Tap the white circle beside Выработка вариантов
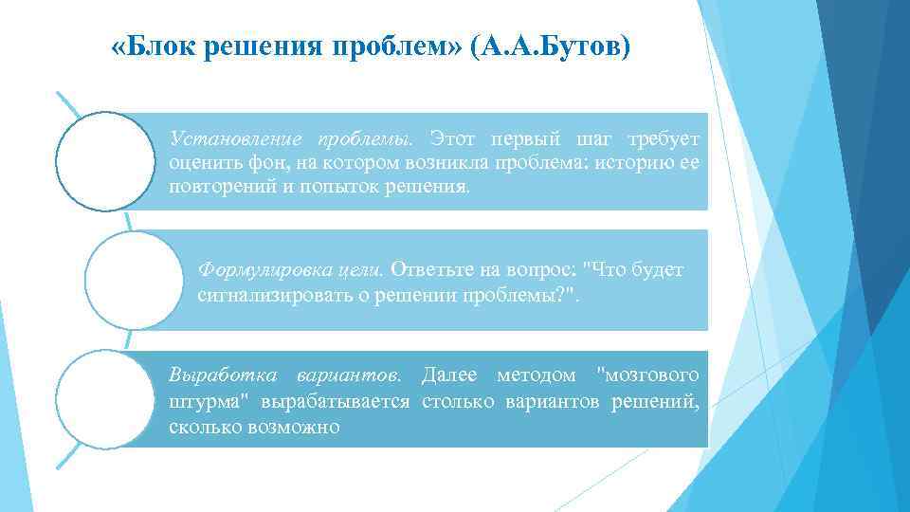(103, 398)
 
